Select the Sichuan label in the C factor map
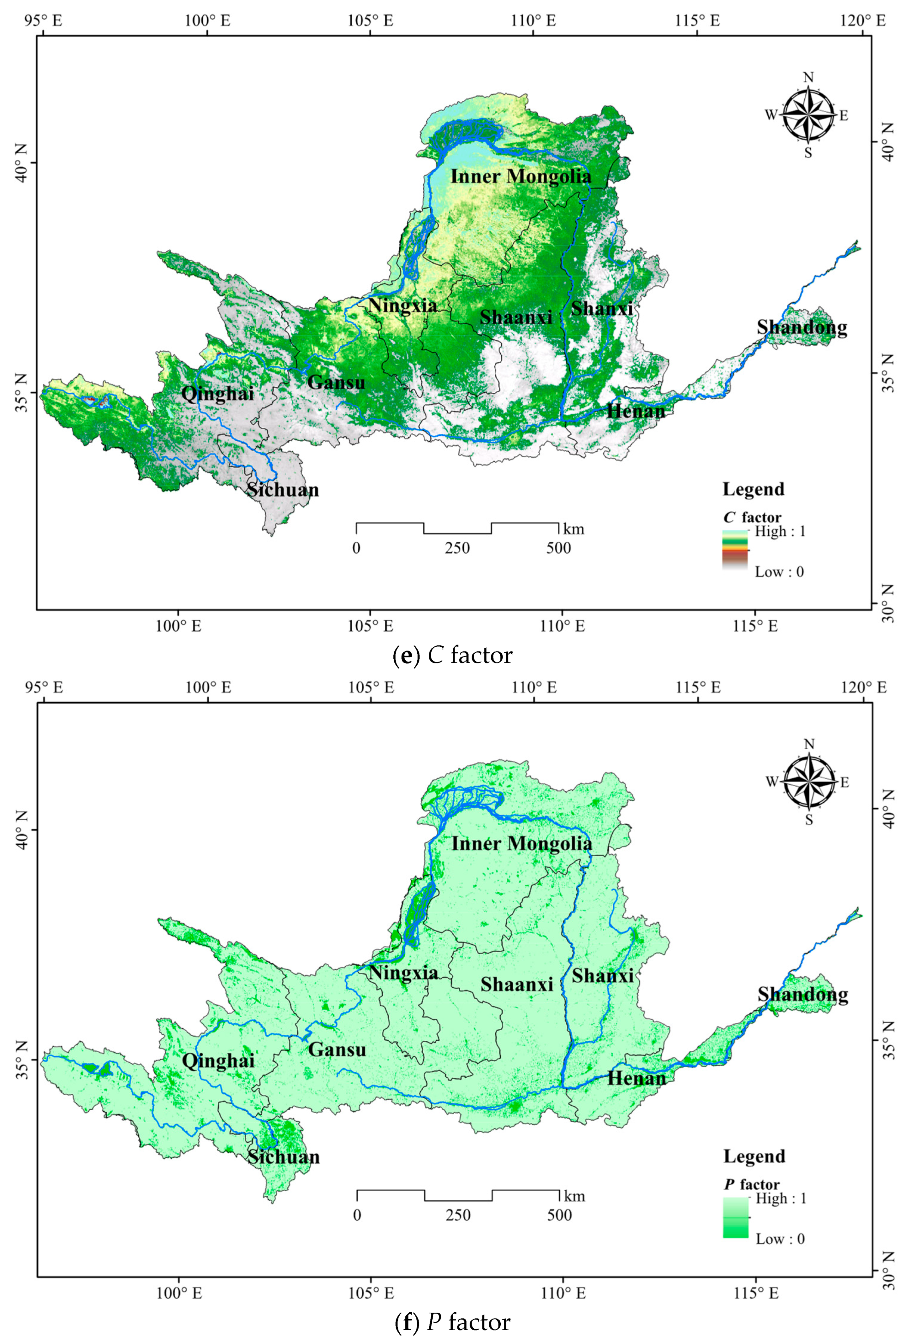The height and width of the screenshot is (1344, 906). (283, 490)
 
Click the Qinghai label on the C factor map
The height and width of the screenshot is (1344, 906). (217, 394)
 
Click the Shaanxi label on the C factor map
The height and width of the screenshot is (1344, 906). (516, 317)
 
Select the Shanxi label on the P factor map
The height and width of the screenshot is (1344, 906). (602, 975)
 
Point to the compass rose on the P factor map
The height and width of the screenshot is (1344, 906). (809, 782)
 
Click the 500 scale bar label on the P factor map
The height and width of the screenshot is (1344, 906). (559, 1215)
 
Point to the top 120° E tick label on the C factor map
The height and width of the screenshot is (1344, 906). (863, 21)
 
